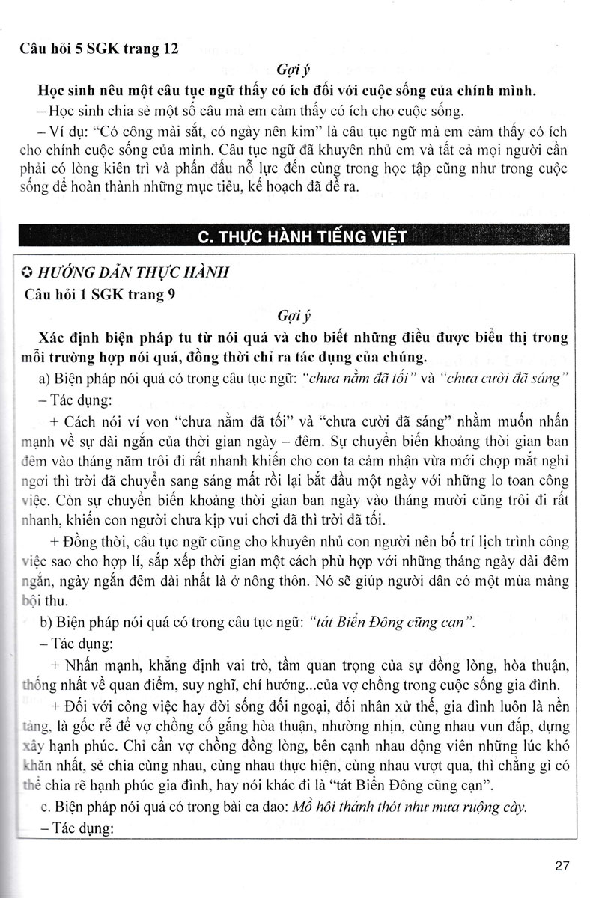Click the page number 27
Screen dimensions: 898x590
(x=563, y=867)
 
